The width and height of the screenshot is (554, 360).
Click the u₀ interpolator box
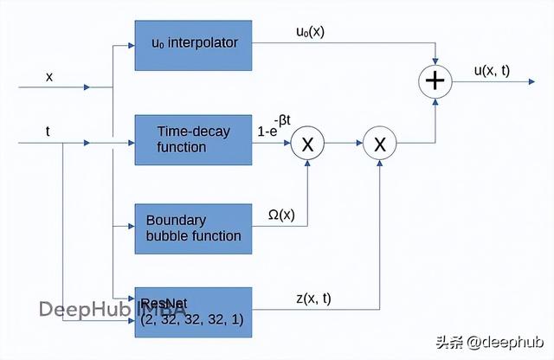tap(193, 42)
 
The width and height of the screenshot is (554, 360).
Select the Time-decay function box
tap(193, 139)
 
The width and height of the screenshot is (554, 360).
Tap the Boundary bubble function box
tap(193, 228)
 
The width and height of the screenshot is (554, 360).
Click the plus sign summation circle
tap(435, 81)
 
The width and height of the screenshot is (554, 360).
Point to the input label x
tap(49, 77)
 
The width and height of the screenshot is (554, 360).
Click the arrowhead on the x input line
tap(86, 87)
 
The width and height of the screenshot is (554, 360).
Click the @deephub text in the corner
tap(507, 341)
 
